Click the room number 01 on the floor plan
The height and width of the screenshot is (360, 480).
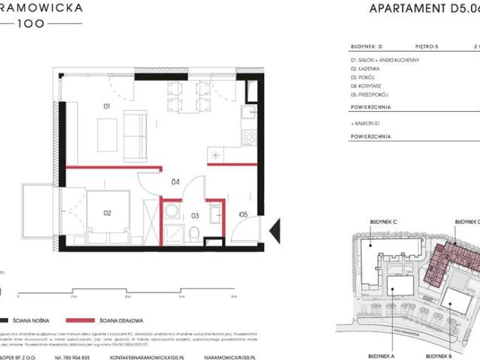point(106,107)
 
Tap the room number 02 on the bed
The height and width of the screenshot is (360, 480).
point(107,213)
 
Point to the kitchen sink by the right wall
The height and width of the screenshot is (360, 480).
point(247,114)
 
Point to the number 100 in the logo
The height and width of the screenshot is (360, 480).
point(31,24)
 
